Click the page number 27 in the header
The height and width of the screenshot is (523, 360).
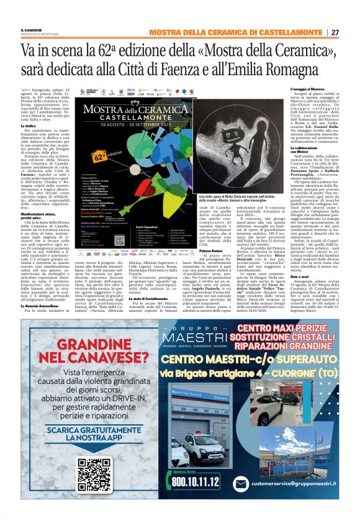[335, 32]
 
